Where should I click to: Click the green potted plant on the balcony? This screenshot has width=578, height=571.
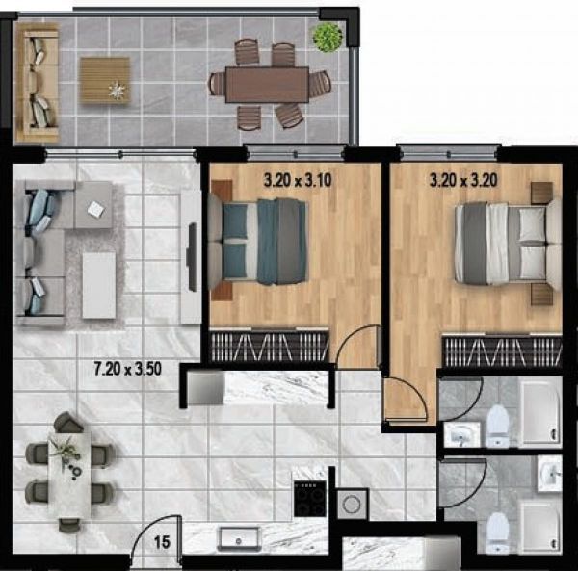[x=328, y=36]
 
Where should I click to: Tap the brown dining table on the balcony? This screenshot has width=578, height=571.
[x=267, y=85]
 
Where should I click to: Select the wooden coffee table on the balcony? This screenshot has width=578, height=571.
[x=105, y=80]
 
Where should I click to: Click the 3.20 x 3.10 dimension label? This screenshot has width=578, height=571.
[x=298, y=180]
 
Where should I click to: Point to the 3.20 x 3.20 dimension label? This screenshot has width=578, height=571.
[x=463, y=180]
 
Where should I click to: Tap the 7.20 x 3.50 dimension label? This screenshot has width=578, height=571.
[x=127, y=369]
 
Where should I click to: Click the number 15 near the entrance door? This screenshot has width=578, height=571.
[x=162, y=542]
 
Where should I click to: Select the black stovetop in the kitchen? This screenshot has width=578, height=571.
[x=310, y=499]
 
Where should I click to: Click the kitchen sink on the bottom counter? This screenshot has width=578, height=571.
[x=239, y=539]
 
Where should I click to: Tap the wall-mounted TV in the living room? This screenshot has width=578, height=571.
[x=192, y=257]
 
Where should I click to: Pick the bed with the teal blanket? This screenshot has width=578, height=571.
[x=258, y=242]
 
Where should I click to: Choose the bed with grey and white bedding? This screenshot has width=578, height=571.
[x=507, y=245]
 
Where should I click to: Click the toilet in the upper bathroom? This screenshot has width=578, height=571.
[x=497, y=425]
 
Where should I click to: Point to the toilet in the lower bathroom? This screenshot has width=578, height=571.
[x=498, y=532]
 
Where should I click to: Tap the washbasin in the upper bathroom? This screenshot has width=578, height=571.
[x=461, y=434]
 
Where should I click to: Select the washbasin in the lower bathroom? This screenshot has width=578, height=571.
[x=549, y=474]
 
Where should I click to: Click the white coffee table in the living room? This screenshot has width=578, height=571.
[x=99, y=285]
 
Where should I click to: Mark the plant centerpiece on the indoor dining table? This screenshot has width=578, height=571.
[x=66, y=455]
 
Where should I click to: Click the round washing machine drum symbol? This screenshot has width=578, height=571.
[x=352, y=504]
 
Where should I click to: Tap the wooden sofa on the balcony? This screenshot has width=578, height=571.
[x=37, y=82]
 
